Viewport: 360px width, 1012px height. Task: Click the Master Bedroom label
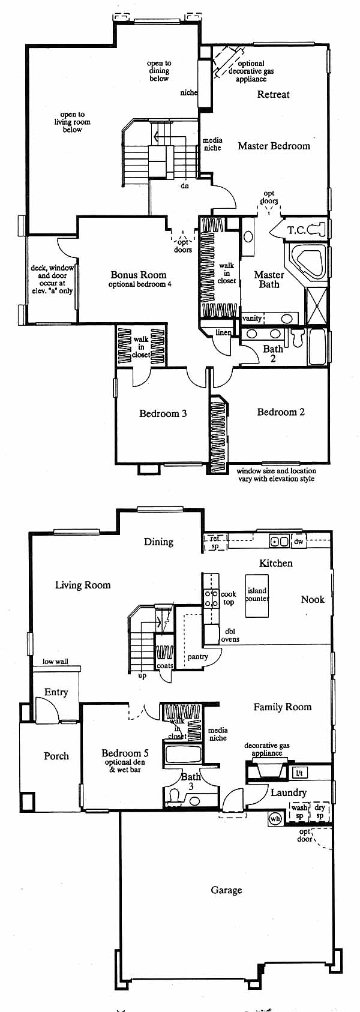click(274, 146)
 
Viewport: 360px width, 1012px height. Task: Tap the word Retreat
click(273, 94)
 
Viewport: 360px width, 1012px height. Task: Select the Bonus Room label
click(138, 275)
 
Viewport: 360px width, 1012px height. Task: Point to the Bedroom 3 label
click(163, 413)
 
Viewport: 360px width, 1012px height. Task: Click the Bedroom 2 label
click(281, 412)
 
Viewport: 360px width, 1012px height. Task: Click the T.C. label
click(296, 230)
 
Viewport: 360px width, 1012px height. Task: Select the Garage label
click(226, 890)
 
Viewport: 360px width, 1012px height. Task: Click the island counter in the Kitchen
click(257, 596)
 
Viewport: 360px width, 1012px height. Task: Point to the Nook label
click(313, 599)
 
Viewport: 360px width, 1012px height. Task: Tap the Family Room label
click(283, 707)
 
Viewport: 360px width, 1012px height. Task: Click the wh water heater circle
click(275, 818)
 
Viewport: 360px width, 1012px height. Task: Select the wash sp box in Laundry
click(299, 812)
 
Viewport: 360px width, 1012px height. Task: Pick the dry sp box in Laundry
click(320, 812)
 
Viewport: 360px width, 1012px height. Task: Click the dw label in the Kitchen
click(299, 541)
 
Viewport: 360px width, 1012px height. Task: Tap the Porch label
click(56, 756)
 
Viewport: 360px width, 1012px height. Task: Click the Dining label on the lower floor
click(158, 542)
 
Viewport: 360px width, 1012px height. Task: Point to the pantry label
click(197, 656)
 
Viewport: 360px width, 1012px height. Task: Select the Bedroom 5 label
click(125, 753)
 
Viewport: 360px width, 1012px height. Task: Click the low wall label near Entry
click(56, 662)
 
